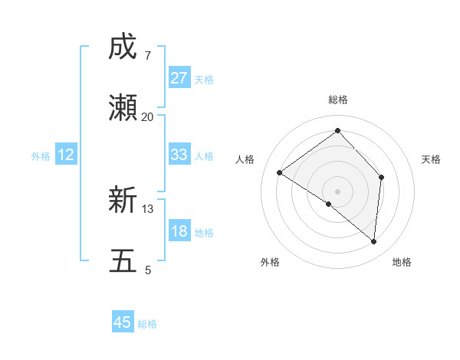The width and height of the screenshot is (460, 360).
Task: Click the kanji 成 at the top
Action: point(123,47)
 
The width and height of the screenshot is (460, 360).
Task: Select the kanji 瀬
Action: point(123,108)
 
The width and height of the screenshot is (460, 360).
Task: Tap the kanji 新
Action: point(123,200)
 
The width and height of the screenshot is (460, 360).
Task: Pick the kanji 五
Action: point(123,261)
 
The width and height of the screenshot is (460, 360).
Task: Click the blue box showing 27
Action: point(179,78)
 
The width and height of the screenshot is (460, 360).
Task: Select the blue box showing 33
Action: point(179,155)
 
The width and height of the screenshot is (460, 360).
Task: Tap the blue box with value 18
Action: point(179,231)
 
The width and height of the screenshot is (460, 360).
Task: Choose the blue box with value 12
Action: point(66,155)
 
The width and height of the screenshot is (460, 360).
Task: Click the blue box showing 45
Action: point(123,322)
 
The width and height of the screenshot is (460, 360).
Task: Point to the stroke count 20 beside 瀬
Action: point(147,116)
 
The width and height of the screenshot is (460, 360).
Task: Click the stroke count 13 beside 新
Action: point(148,208)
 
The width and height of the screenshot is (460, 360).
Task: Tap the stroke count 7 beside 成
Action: point(147,55)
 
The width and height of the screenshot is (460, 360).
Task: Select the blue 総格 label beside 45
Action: point(147,324)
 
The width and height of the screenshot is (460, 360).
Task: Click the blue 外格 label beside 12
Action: point(41,156)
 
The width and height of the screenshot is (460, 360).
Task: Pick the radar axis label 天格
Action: point(431,159)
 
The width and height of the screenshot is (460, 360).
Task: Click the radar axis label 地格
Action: point(402,262)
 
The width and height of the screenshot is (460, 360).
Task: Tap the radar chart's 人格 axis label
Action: point(245,159)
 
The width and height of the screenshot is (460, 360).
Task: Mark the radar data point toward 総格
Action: point(337,131)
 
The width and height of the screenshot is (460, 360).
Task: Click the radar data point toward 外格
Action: point(329,204)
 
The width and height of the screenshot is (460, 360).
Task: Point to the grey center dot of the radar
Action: point(337,191)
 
